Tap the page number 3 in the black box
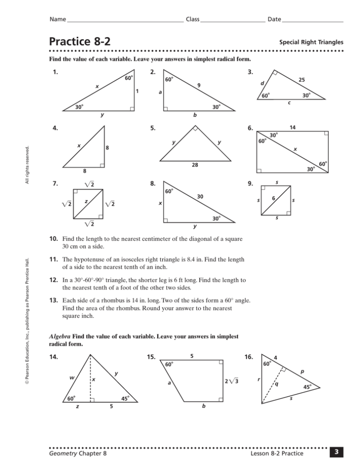click(336, 453)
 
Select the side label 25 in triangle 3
click(302, 81)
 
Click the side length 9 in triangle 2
click(199, 85)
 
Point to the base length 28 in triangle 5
click(195, 165)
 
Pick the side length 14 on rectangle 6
click(292, 127)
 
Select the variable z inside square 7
click(86, 201)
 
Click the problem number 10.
click(53, 239)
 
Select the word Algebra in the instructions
click(59, 336)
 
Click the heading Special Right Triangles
click(311, 42)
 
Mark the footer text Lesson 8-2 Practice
click(277, 453)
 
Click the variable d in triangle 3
click(262, 83)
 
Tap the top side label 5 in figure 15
click(191, 357)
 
